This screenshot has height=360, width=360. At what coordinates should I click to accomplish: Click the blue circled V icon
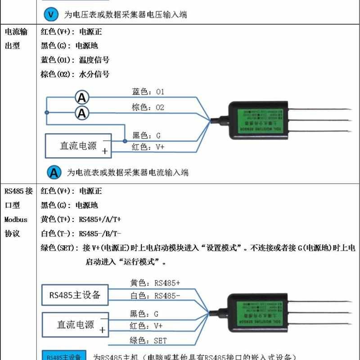tap(51, 14)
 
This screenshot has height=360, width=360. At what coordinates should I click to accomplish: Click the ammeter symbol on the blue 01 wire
tap(82, 97)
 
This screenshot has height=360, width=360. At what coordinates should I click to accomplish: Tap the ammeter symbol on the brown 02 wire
tap(82, 113)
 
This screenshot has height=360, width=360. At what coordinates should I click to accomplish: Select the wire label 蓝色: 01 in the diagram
tap(148, 92)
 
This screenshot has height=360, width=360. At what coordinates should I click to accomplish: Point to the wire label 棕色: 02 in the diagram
tap(148, 108)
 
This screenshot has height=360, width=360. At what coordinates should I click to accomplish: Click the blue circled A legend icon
tap(54, 172)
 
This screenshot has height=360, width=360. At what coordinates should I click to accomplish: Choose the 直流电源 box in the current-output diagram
tap(78, 146)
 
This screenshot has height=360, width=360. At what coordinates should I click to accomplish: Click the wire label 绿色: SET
tap(148, 341)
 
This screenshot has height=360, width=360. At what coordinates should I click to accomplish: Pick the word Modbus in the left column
tap(16, 220)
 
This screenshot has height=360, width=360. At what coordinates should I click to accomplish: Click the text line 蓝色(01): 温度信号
tap(75, 60)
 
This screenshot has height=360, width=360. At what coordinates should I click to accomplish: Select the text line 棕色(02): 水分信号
tap(75, 74)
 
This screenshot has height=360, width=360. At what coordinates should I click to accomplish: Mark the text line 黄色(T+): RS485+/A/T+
tap(81, 220)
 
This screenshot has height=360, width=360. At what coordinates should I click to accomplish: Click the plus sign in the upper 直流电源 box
tap(105, 152)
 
